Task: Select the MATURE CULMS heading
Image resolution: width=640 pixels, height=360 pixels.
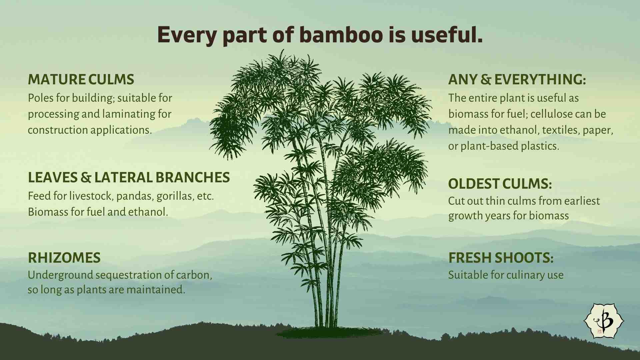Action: pos(81,79)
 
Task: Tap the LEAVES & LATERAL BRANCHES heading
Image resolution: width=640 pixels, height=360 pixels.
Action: pos(129,177)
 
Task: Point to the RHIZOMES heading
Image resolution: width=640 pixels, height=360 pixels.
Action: pos(64,258)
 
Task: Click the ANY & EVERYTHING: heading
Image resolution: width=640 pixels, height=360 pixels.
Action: pos(517,79)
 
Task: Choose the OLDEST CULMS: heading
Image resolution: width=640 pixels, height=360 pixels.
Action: pos(500,184)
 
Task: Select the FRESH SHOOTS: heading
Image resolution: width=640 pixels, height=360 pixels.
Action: pos(501,258)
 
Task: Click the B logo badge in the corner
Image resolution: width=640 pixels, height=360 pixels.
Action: pos(604,320)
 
